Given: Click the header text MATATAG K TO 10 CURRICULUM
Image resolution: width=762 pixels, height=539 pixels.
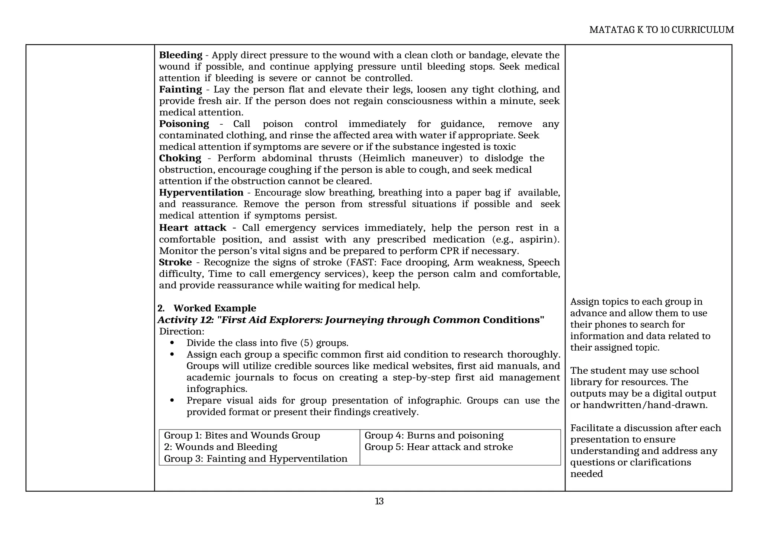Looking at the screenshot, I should coord(661,30).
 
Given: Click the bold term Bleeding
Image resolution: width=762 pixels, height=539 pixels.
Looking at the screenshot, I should coord(180,55).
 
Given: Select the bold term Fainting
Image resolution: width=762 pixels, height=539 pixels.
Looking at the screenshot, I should coord(180,89).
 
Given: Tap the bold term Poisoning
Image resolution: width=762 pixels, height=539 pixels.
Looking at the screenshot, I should coord(184,124).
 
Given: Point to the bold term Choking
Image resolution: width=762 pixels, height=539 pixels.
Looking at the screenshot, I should coord(180,158).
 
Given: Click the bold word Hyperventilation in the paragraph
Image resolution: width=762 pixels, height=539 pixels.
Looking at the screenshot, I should coord(201,192).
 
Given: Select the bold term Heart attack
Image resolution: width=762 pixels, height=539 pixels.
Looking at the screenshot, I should coord(192,227).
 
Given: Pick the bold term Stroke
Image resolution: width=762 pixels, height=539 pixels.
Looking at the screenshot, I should coord(175,262).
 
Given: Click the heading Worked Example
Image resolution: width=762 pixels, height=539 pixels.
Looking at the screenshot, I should coord(215,308).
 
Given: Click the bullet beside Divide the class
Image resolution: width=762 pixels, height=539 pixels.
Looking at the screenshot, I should coord(172,343).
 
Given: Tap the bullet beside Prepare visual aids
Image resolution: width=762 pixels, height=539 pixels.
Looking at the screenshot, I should coord(172,401).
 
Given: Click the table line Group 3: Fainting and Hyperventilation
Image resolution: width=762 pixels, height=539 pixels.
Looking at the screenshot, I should coord(256,459).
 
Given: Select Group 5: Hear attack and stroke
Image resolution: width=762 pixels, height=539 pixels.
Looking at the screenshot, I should coord(438,447).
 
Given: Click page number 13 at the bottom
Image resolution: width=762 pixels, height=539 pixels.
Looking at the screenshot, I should coord(379,501).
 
